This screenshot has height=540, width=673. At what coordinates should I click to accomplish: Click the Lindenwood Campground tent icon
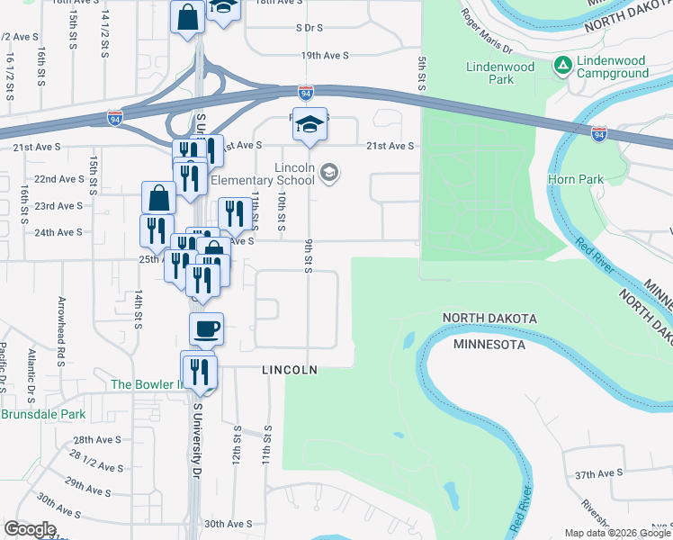click(563, 65)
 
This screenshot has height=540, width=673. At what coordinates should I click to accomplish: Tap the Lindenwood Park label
click(502, 73)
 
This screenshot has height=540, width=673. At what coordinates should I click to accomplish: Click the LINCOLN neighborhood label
click(290, 370)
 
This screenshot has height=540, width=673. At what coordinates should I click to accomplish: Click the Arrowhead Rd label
click(62, 319)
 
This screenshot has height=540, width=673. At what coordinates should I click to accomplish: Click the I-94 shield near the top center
click(306, 92)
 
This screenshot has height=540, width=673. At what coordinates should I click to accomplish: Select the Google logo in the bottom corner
click(30, 529)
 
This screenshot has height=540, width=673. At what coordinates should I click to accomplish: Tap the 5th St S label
click(420, 73)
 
